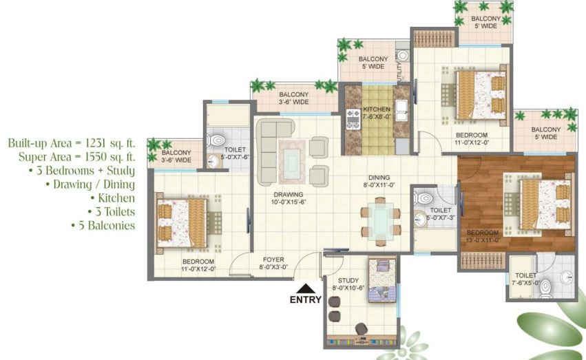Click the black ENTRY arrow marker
click(306, 288)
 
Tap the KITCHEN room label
click(377, 109)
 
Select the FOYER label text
click(273, 260)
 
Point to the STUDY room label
click(348, 280)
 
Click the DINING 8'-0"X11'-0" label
click(379, 181)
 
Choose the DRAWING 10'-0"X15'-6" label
click(288, 198)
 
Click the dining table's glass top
click(380, 221)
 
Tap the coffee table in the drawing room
click(292, 162)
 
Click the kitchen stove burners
click(353, 119)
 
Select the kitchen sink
click(401, 111)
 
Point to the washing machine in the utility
click(403, 56)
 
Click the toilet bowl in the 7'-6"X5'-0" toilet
click(545, 288)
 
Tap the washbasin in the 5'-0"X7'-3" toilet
click(420, 220)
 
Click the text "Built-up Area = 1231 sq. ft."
click(72, 142)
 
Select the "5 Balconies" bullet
click(103, 225)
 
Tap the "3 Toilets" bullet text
click(111, 211)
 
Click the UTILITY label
click(400, 70)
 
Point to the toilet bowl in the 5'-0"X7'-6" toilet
click(216, 140)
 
